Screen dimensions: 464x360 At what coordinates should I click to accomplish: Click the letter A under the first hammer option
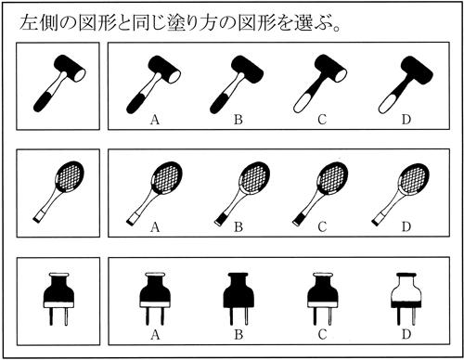155,120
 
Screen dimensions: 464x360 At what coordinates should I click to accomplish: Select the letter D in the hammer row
406,120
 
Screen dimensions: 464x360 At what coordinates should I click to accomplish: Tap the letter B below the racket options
238,226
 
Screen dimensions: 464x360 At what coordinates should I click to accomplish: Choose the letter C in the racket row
322,226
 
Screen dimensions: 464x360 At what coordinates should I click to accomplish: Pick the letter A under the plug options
155,334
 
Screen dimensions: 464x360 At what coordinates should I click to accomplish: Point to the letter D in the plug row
406,334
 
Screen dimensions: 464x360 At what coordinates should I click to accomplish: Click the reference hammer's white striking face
80,75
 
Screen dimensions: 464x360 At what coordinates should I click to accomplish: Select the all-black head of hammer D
417,71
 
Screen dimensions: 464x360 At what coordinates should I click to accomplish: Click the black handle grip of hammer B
218,104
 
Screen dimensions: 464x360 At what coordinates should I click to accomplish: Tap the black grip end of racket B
219,219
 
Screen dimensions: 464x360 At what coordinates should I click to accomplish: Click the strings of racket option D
414,178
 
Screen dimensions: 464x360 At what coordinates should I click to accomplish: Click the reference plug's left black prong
51,316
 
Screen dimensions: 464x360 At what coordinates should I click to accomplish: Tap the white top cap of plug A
155,275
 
